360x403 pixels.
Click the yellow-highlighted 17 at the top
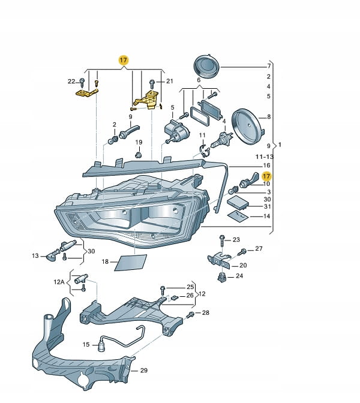click(x=124, y=60)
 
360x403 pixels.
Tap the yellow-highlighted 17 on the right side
click(x=266, y=176)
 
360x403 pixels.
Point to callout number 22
click(x=71, y=81)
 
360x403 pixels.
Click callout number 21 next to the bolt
click(x=169, y=81)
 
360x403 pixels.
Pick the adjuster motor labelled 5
click(x=176, y=130)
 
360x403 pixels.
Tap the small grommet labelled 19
click(x=138, y=155)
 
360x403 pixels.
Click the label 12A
click(x=58, y=281)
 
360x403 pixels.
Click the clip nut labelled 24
click(x=222, y=277)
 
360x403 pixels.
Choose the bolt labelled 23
click(x=222, y=240)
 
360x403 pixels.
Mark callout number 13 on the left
click(x=35, y=256)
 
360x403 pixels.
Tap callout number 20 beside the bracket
click(x=242, y=264)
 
